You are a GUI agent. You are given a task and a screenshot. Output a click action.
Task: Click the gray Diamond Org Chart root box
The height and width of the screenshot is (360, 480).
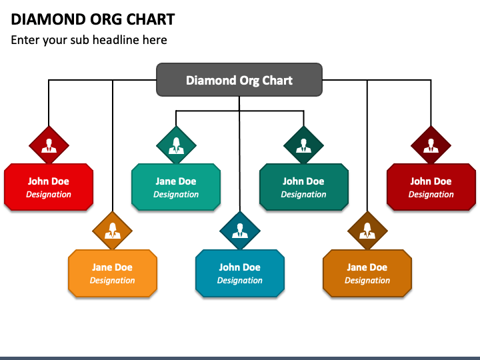[x=239, y=79]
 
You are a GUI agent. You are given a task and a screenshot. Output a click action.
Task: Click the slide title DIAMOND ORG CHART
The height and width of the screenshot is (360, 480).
[x=93, y=19]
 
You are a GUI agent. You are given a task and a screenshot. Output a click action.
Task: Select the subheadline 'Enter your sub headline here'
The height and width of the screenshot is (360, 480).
[x=89, y=40]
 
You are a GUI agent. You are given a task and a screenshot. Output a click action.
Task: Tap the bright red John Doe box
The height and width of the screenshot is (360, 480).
[x=49, y=187]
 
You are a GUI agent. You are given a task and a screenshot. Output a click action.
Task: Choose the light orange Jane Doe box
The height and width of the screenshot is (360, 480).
[x=113, y=273]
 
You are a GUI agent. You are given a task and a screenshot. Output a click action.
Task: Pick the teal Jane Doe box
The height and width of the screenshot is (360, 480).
[x=176, y=187]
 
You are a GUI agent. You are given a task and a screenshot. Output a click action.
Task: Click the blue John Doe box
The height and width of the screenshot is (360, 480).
[x=240, y=273]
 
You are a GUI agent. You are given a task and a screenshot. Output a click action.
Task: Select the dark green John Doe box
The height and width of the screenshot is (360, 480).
[x=304, y=187]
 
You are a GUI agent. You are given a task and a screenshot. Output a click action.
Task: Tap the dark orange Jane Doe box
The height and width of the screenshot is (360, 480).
[x=367, y=273]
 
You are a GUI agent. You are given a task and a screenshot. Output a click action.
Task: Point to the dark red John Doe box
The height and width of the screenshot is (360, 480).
[x=431, y=187]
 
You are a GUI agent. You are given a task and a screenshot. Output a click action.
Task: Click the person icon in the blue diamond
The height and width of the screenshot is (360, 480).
[x=240, y=231]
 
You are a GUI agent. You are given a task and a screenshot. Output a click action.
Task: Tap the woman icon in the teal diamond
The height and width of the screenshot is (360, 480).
[x=176, y=145]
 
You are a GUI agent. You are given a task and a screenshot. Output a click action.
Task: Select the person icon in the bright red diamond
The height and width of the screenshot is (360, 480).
[x=49, y=146]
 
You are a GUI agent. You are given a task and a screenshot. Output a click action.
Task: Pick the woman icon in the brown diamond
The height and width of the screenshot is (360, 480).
[x=367, y=231]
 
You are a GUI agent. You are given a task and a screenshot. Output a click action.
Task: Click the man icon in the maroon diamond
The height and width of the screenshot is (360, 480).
[x=431, y=146]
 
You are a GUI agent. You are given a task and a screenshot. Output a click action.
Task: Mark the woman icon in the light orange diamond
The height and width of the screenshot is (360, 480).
[x=113, y=231]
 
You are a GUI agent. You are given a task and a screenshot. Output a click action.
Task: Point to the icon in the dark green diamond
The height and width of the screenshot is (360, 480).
[x=304, y=146]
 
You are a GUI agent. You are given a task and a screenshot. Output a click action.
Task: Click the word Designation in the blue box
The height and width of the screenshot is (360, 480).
[x=240, y=281]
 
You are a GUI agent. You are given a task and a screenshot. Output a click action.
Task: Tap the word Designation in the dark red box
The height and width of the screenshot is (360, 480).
[x=431, y=195]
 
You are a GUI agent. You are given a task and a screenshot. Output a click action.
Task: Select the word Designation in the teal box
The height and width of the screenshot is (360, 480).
[x=176, y=195]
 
